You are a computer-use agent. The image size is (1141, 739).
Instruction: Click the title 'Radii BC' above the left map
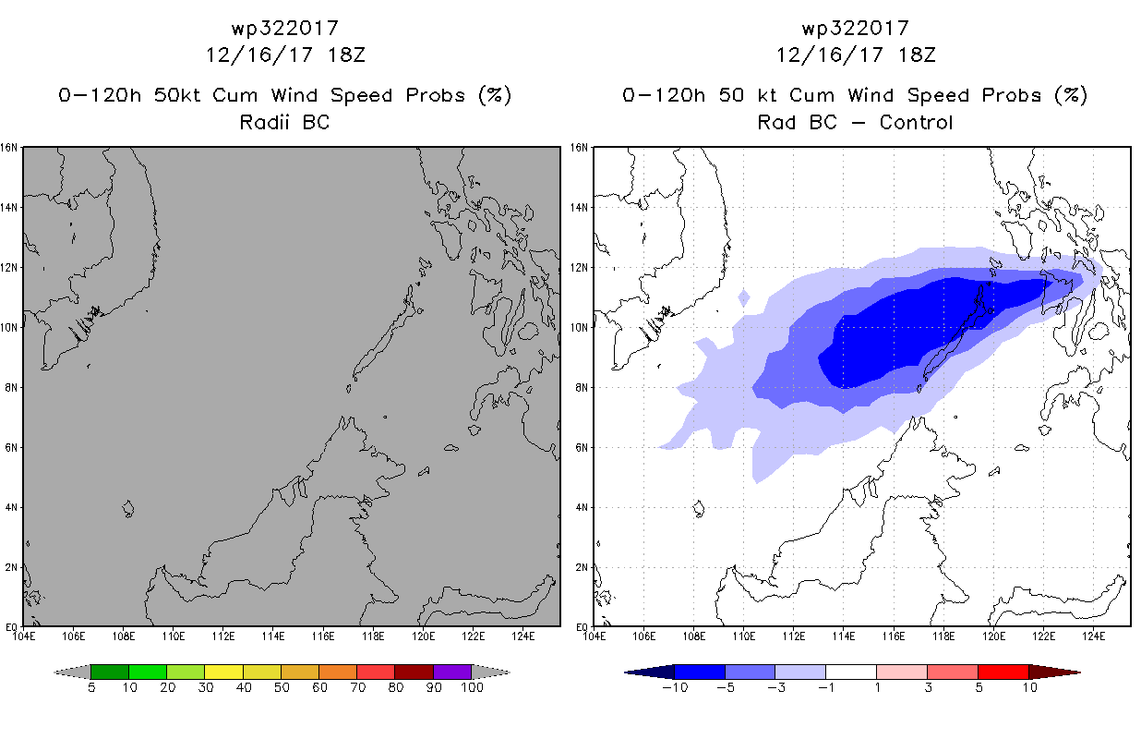(x=284, y=122)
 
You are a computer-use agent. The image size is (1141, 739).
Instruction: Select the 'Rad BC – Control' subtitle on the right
(x=855, y=122)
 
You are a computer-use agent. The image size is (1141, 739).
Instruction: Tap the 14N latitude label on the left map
(x=8, y=208)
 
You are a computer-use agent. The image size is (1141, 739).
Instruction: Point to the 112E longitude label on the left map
(x=223, y=636)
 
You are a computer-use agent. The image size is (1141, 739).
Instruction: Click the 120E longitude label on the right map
(x=993, y=636)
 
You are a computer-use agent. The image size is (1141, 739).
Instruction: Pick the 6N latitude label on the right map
(x=582, y=447)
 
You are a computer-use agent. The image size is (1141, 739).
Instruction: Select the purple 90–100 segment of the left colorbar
(x=452, y=672)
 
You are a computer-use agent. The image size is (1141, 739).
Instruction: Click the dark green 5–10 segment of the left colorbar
(x=110, y=672)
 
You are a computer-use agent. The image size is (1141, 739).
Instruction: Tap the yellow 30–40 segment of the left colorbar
(x=223, y=672)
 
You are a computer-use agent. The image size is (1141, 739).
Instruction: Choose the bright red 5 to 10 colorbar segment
(x=1003, y=672)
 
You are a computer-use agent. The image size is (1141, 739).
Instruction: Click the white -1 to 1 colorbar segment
(x=851, y=672)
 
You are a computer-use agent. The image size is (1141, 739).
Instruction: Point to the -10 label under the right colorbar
(x=675, y=687)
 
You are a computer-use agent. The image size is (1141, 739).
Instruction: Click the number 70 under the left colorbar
(x=358, y=687)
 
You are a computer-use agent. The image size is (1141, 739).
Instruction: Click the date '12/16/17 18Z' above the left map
(x=285, y=55)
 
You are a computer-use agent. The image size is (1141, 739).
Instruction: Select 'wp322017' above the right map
(x=855, y=29)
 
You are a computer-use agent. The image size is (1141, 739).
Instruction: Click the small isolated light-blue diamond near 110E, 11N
(x=744, y=298)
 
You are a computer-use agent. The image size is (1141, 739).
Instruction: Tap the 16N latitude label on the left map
(x=8, y=148)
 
